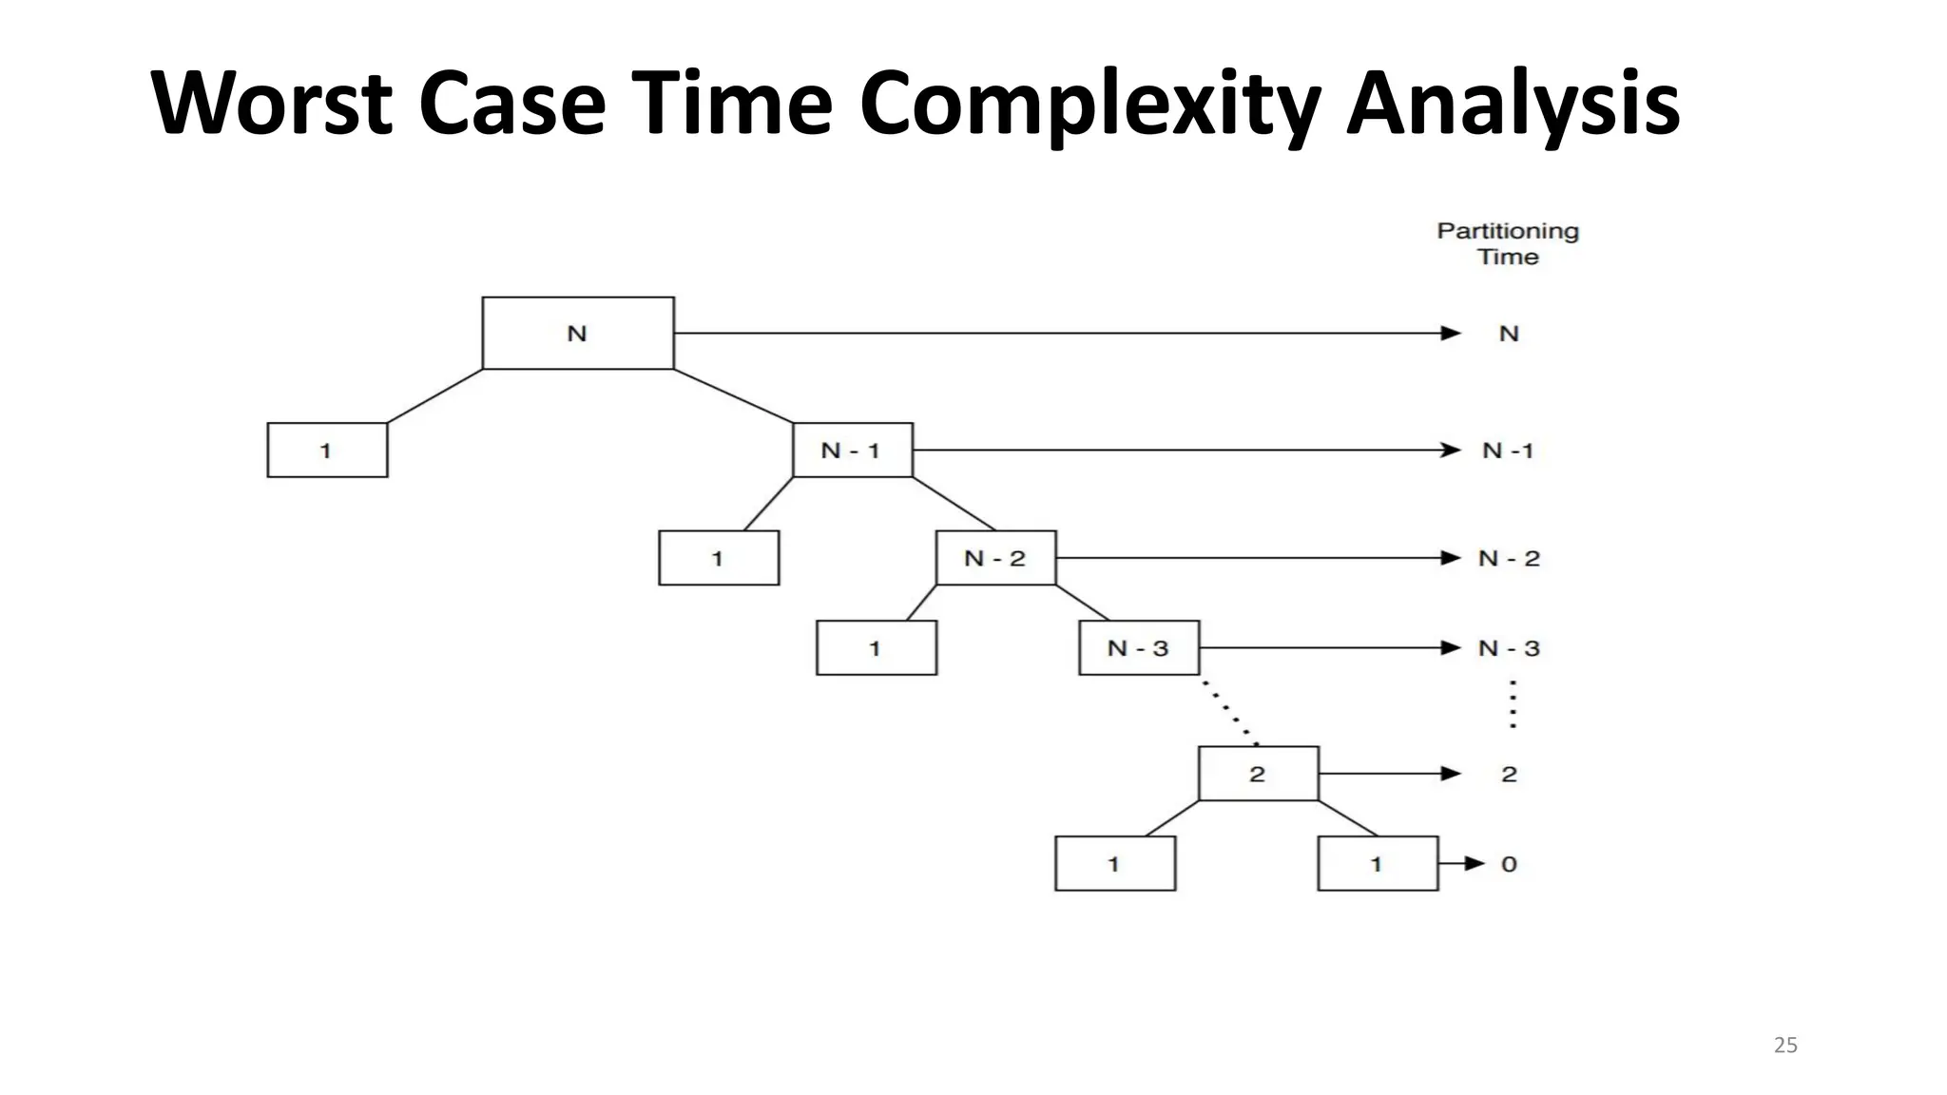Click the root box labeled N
pyautogui.click(x=578, y=333)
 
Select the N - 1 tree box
pyautogui.click(x=852, y=450)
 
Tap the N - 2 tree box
pyautogui.click(x=995, y=558)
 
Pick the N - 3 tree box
pyautogui.click(x=1139, y=648)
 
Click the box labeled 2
pyautogui.click(x=1258, y=774)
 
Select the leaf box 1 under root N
pyautogui.click(x=327, y=450)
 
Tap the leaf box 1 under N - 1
pyautogui.click(x=719, y=558)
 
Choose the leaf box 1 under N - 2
pyautogui.click(x=876, y=648)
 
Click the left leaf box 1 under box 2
pyautogui.click(x=1115, y=863)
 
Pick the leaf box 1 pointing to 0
pyautogui.click(x=1377, y=863)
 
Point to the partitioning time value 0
pyautogui.click(x=1509, y=864)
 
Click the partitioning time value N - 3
pyautogui.click(x=1509, y=648)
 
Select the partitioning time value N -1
pyautogui.click(x=1508, y=451)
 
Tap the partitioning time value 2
pyautogui.click(x=1509, y=775)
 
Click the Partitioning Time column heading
pyautogui.click(x=1508, y=243)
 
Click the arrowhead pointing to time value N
pyautogui.click(x=1451, y=333)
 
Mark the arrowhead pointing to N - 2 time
pyautogui.click(x=1451, y=558)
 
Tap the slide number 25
pyautogui.click(x=1785, y=1046)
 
